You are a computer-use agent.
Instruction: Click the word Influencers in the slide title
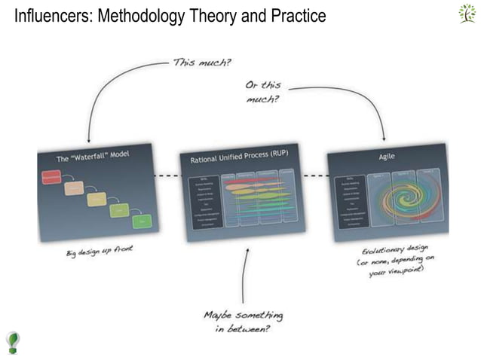(x=47, y=15)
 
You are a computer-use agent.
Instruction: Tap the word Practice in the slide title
(x=297, y=15)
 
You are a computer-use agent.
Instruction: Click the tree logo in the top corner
(x=467, y=14)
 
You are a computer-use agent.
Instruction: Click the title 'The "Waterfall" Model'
(x=93, y=158)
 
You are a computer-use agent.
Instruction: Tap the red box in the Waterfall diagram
(x=51, y=177)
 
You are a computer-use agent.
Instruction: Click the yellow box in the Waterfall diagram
(x=96, y=199)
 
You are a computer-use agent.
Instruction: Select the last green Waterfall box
(x=142, y=221)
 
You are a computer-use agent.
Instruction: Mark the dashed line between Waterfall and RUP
(x=166, y=176)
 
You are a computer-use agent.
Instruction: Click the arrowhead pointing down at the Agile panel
(x=385, y=139)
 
